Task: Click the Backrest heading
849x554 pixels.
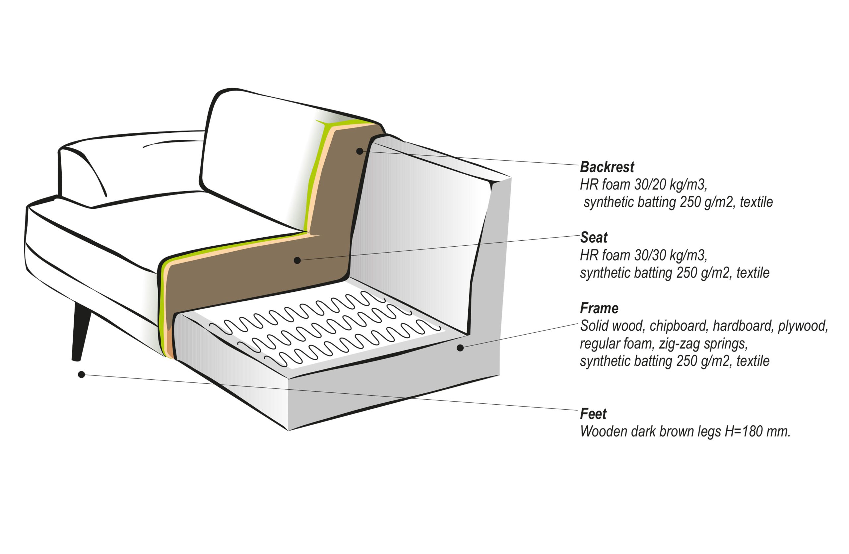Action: point(607,167)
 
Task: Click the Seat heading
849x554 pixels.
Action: point(594,237)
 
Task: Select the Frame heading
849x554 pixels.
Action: point(599,308)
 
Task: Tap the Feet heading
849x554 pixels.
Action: point(593,414)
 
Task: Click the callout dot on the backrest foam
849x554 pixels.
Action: point(359,151)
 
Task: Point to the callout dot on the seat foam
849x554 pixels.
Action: point(297,261)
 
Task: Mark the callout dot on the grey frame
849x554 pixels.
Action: point(460,348)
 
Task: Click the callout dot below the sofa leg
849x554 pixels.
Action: point(81,374)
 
